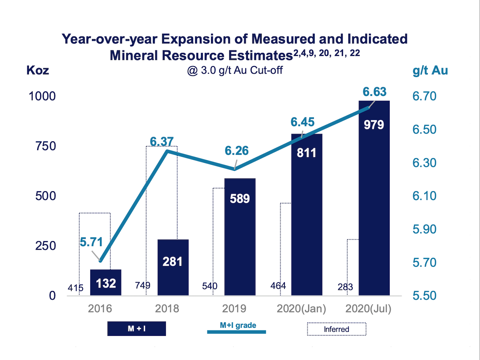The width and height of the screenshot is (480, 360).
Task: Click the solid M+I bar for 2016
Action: pyautogui.click(x=106, y=283)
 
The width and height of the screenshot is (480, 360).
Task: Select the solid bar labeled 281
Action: pyautogui.click(x=173, y=267)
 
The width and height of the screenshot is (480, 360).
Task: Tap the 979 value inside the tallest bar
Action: pyautogui.click(x=374, y=125)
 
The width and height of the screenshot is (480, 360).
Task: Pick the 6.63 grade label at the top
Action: pyautogui.click(x=374, y=92)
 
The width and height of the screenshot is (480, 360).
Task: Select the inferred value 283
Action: pyautogui.click(x=345, y=287)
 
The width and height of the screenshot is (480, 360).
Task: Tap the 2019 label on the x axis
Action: pyautogui.click(x=234, y=309)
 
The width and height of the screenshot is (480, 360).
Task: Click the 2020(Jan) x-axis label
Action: pyautogui.click(x=301, y=309)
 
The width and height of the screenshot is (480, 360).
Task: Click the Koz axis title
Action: pyautogui.click(x=38, y=71)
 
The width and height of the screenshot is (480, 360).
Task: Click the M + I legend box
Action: pyautogui.click(x=137, y=329)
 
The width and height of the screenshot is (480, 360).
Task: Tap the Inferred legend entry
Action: pyautogui.click(x=336, y=329)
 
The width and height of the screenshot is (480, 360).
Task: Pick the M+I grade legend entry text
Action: pyautogui.click(x=238, y=325)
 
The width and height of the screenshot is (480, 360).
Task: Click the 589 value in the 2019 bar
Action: pyautogui.click(x=240, y=199)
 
